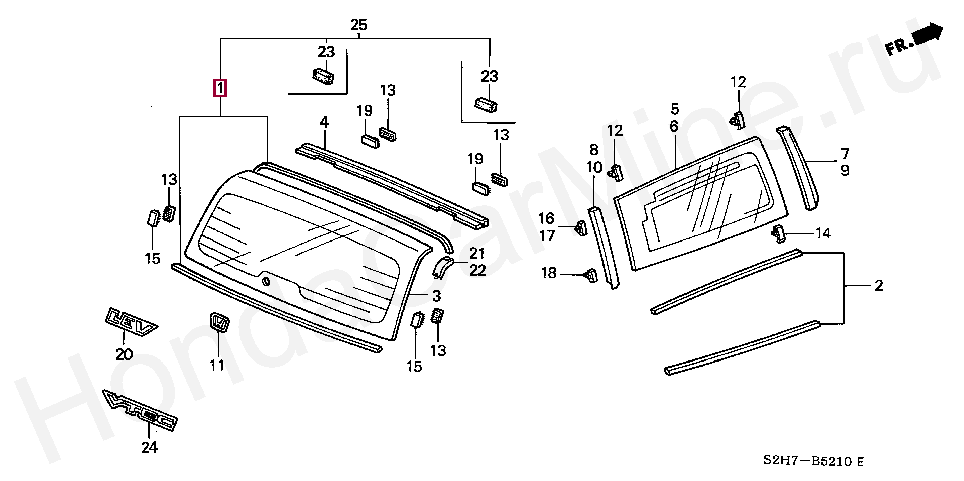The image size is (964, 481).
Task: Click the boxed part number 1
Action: (x=220, y=88)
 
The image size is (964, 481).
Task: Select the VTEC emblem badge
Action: (x=140, y=410)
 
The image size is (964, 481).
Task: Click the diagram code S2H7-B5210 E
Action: (x=813, y=461)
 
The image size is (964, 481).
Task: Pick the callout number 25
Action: (x=358, y=24)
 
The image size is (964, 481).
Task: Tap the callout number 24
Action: (x=149, y=447)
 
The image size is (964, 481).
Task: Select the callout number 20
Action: (x=124, y=354)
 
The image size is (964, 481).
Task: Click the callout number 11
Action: (x=217, y=365)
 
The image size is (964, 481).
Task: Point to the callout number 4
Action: (x=324, y=122)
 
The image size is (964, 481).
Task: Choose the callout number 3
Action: (x=436, y=296)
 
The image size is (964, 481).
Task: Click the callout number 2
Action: (x=879, y=286)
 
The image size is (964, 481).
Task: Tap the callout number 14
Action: (x=823, y=233)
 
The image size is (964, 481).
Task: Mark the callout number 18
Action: (x=549, y=273)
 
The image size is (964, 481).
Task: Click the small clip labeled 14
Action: (x=778, y=233)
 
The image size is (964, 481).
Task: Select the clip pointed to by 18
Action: (x=591, y=275)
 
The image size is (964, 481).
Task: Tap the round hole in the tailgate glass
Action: (x=266, y=281)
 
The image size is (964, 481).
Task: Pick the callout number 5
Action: (x=675, y=109)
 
